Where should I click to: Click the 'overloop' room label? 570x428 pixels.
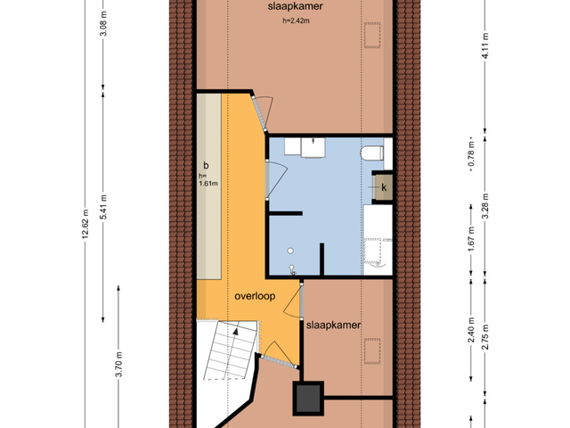(255, 296)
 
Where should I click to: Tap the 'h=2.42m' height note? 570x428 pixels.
(296, 21)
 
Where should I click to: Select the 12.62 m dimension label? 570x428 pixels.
(85, 224)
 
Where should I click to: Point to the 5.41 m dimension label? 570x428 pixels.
(103, 207)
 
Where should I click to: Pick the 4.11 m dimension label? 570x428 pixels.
(485, 45)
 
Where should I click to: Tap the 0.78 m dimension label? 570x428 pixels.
(471, 155)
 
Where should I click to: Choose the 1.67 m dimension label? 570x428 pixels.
(471, 239)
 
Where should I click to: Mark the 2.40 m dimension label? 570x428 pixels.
(471, 330)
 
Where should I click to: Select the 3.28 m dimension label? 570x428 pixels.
(485, 206)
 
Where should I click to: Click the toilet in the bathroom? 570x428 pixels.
(372, 152)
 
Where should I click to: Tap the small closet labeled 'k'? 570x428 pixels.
(383, 187)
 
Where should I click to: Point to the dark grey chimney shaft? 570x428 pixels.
(308, 399)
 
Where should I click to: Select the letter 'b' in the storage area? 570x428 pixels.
(206, 166)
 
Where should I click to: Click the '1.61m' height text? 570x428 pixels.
(208, 184)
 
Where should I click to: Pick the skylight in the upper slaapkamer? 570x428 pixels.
(372, 35)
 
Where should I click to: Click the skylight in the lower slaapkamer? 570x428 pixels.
(372, 350)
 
